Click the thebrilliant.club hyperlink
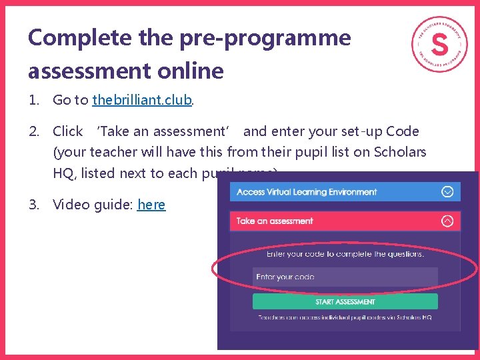(142, 101)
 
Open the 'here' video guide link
(151, 205)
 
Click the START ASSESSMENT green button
(345, 301)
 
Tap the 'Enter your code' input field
(345, 277)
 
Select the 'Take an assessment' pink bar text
(275, 221)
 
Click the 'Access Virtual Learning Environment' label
(307, 192)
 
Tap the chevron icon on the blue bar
(447, 192)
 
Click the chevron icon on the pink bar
(447, 221)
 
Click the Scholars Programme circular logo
(439, 44)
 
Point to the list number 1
(33, 101)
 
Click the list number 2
(33, 131)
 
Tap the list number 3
(33, 205)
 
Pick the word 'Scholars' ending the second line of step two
(400, 152)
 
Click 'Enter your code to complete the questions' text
(345, 253)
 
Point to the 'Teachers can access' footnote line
(345, 317)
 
